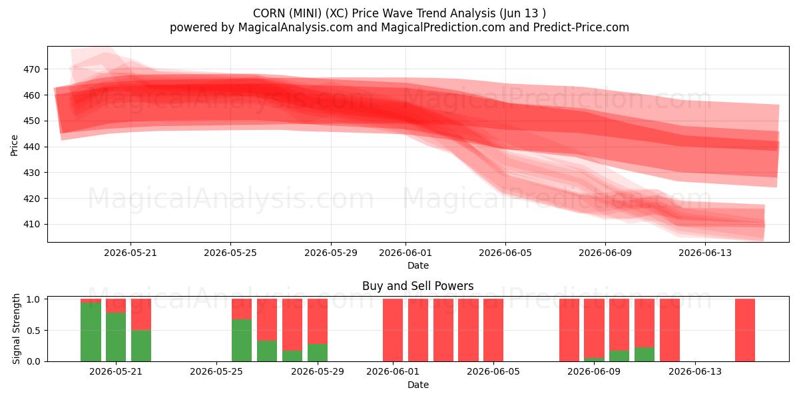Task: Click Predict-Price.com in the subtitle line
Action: pyautogui.click(x=581, y=27)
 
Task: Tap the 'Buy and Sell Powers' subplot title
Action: pyautogui.click(x=417, y=286)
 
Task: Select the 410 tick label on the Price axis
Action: pyautogui.click(x=31, y=224)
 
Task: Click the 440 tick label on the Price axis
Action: pyautogui.click(x=31, y=147)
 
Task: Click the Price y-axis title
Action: pyautogui.click(x=14, y=145)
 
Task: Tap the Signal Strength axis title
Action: pyautogui.click(x=16, y=329)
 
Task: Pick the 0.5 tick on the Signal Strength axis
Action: pyautogui.click(x=34, y=331)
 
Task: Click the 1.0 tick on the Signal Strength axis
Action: pyautogui.click(x=34, y=299)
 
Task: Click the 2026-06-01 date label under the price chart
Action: pyautogui.click(x=405, y=253)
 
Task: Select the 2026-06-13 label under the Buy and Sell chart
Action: pyautogui.click(x=695, y=371)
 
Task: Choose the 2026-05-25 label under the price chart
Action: pyautogui.click(x=230, y=253)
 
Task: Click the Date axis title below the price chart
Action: pyautogui.click(x=418, y=265)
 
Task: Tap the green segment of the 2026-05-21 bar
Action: pyautogui.click(x=116, y=337)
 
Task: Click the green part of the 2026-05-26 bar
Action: pyautogui.click(x=242, y=340)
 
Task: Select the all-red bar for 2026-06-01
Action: pyautogui.click(x=393, y=330)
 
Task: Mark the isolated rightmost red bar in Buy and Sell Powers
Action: pyautogui.click(x=745, y=330)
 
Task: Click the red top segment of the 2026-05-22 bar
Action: pyautogui.click(x=141, y=314)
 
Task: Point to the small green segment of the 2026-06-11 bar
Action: pyautogui.click(x=645, y=354)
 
